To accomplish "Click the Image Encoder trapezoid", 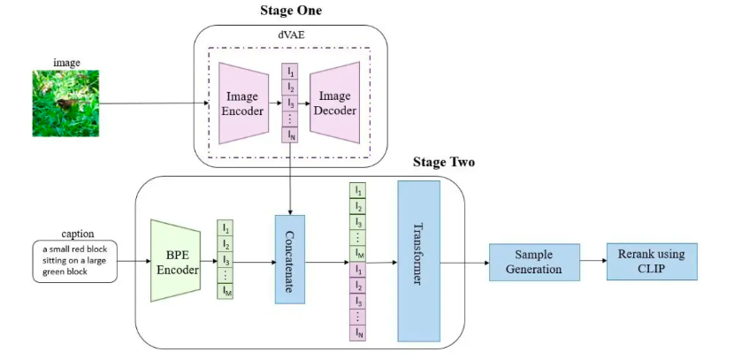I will pos(242,104).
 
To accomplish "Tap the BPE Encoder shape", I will pos(177,261).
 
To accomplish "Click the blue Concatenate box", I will pos(289,260).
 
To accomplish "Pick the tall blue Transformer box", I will pos(418,260).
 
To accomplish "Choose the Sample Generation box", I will pos(533,262).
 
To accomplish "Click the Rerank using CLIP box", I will pos(651,262).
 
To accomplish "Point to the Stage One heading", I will pos(291,11).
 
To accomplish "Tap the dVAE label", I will pos(291,34).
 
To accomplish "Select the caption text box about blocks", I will pos(75,262).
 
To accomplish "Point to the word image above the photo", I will pos(65,63).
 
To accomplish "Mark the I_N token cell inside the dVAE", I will pos(289,135).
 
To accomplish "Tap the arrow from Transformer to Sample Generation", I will pos(464,262).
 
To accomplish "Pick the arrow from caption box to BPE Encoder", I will pos(133,262).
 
